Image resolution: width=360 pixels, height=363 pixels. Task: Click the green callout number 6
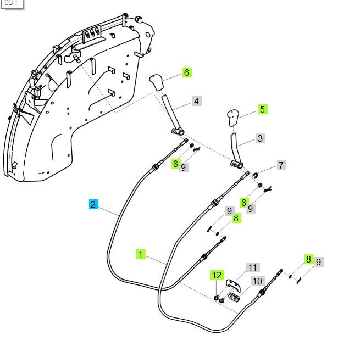click(186, 72)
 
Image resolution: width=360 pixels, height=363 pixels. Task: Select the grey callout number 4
click(196, 101)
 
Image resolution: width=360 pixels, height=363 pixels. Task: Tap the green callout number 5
click(262, 109)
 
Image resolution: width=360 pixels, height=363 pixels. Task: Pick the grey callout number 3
click(260, 138)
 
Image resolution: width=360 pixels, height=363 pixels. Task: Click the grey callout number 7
click(281, 165)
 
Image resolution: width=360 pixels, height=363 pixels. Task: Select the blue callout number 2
click(93, 204)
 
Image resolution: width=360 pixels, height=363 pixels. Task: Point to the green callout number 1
click(141, 254)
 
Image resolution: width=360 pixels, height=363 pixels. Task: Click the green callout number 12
click(217, 275)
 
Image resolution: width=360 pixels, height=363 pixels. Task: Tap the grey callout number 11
click(252, 268)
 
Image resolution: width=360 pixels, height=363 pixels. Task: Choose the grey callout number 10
click(257, 281)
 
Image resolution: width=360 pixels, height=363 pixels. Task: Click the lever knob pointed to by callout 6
click(157, 83)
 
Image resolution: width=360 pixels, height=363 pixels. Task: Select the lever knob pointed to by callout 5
click(232, 118)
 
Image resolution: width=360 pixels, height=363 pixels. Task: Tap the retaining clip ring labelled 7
click(256, 175)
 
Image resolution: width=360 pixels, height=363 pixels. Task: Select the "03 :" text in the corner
click(10, 3)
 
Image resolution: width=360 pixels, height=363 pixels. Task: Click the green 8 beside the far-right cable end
click(308, 259)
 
